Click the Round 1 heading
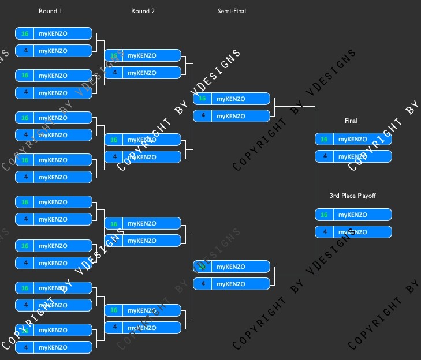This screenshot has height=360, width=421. (x=48, y=11)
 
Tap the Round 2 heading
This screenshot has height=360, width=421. (x=143, y=11)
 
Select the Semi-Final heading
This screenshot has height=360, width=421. (x=232, y=11)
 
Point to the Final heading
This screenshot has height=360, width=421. (x=351, y=121)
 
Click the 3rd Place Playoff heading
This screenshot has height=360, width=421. (x=353, y=196)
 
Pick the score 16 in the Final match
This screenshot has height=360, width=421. (x=324, y=139)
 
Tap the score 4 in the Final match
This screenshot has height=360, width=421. (x=324, y=156)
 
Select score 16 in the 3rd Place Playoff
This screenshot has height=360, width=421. (x=324, y=215)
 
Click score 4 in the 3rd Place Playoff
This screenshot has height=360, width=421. (x=324, y=232)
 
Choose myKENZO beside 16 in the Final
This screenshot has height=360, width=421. (x=352, y=139)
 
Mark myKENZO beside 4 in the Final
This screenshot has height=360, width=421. (x=352, y=156)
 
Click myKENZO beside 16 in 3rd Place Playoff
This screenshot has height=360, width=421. (x=352, y=215)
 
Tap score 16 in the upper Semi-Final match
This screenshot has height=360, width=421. (x=202, y=99)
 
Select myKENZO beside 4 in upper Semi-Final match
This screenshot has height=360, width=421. (x=230, y=116)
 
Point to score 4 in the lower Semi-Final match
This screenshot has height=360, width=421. (x=202, y=284)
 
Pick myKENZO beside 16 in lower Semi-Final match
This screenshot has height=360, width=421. (x=230, y=267)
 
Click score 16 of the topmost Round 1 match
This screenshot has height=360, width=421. (x=25, y=33)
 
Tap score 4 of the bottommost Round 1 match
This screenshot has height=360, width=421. (x=25, y=347)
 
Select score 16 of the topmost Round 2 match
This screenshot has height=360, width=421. (x=114, y=55)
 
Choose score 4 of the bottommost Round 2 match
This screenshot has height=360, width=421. (x=114, y=327)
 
